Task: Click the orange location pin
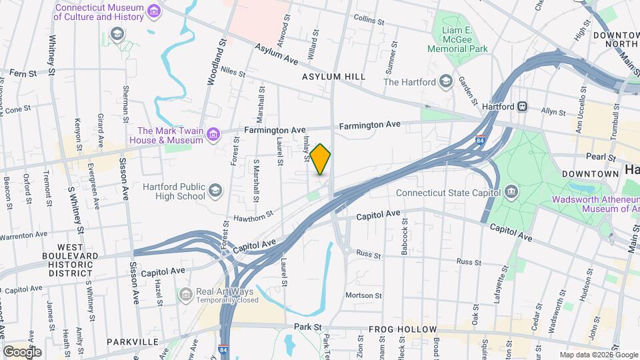pyautogui.click(x=321, y=159)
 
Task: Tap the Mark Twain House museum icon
pyautogui.click(x=213, y=135)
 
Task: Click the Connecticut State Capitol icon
pyautogui.click(x=511, y=193)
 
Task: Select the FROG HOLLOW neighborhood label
pyautogui.click(x=403, y=330)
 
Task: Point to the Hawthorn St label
pyautogui.click(x=254, y=216)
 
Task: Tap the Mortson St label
pyautogui.click(x=363, y=295)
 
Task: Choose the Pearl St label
pyautogui.click(x=602, y=157)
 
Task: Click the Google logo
pyautogui.click(x=21, y=351)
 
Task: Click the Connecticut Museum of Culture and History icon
pyautogui.click(x=155, y=11)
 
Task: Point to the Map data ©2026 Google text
pyautogui.click(x=598, y=355)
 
